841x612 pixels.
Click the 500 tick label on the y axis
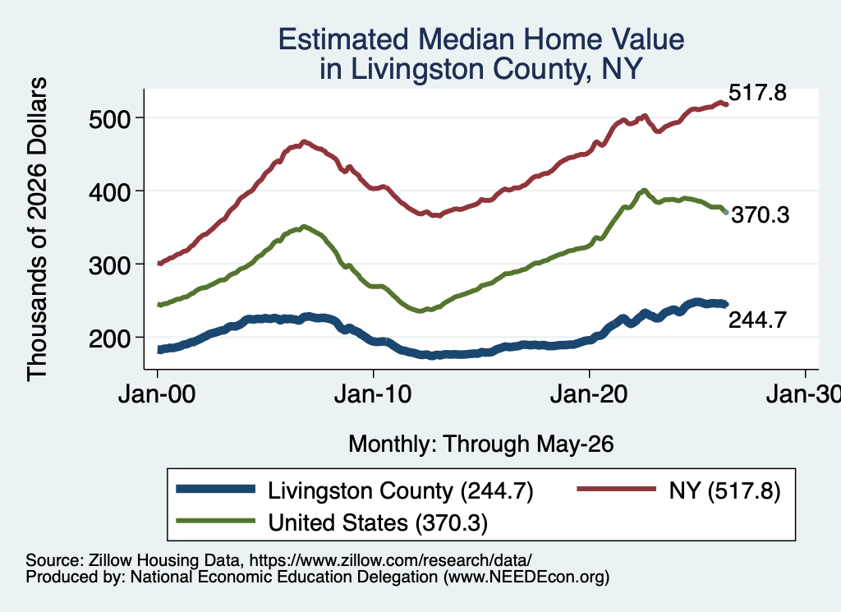tap(109, 118)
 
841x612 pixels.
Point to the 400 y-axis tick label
tap(109, 191)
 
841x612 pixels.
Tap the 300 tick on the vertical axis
tap(109, 265)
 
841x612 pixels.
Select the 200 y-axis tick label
tap(109, 338)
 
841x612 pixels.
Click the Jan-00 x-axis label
tap(157, 394)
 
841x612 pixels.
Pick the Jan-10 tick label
tap(373, 394)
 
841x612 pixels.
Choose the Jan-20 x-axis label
tap(589, 394)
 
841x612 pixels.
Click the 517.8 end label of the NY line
tap(757, 93)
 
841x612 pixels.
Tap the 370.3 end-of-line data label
tap(761, 215)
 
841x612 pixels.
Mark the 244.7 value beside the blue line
tap(757, 320)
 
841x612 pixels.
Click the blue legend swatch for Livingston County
tap(216, 489)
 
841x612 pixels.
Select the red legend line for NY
tap(616, 489)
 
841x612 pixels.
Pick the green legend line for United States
tap(216, 520)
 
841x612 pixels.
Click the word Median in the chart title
tap(466, 39)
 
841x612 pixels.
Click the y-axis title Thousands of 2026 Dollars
tap(37, 229)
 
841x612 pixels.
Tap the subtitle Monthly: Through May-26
tap(481, 444)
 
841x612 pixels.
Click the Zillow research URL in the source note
tap(390, 560)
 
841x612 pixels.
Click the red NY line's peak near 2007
tap(304, 142)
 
